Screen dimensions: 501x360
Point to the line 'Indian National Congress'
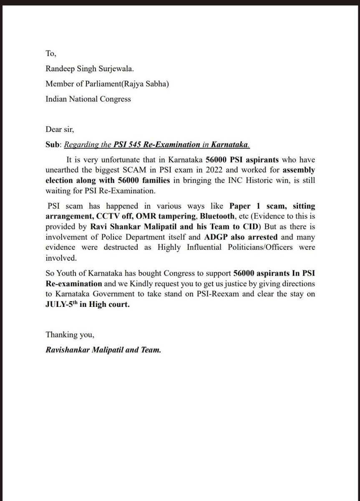pos(88,99)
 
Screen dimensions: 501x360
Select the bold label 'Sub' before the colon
pos(52,145)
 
